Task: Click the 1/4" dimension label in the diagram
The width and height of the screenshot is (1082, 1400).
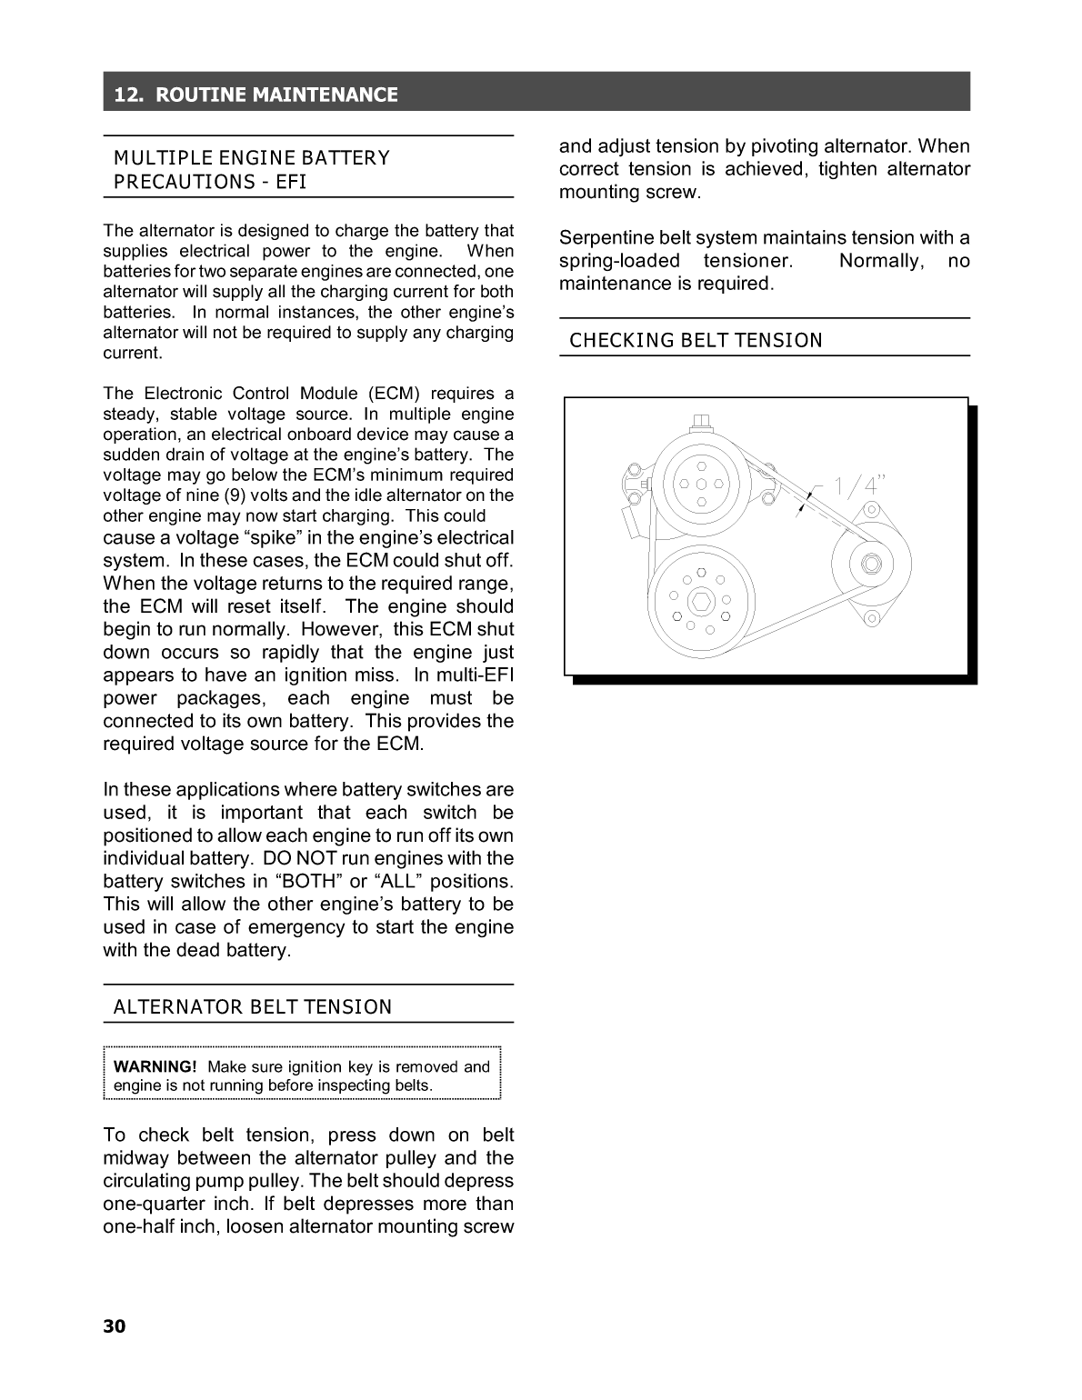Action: point(858,485)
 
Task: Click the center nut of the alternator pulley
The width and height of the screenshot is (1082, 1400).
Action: point(871,564)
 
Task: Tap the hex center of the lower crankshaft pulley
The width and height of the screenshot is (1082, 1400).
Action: point(701,601)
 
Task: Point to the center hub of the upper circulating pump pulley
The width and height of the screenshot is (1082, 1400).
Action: point(701,484)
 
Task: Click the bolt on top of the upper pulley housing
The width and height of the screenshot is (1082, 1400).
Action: point(700,422)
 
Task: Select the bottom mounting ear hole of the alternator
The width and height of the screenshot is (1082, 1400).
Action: point(872,619)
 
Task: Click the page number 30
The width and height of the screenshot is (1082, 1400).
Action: point(115,1326)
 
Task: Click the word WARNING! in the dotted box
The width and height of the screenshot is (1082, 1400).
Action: point(155,1066)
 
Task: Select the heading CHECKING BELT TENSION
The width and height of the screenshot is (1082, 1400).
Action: point(696,340)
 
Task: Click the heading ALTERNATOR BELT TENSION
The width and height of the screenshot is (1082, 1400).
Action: point(253,1006)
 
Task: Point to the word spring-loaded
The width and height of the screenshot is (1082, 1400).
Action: point(619,261)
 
